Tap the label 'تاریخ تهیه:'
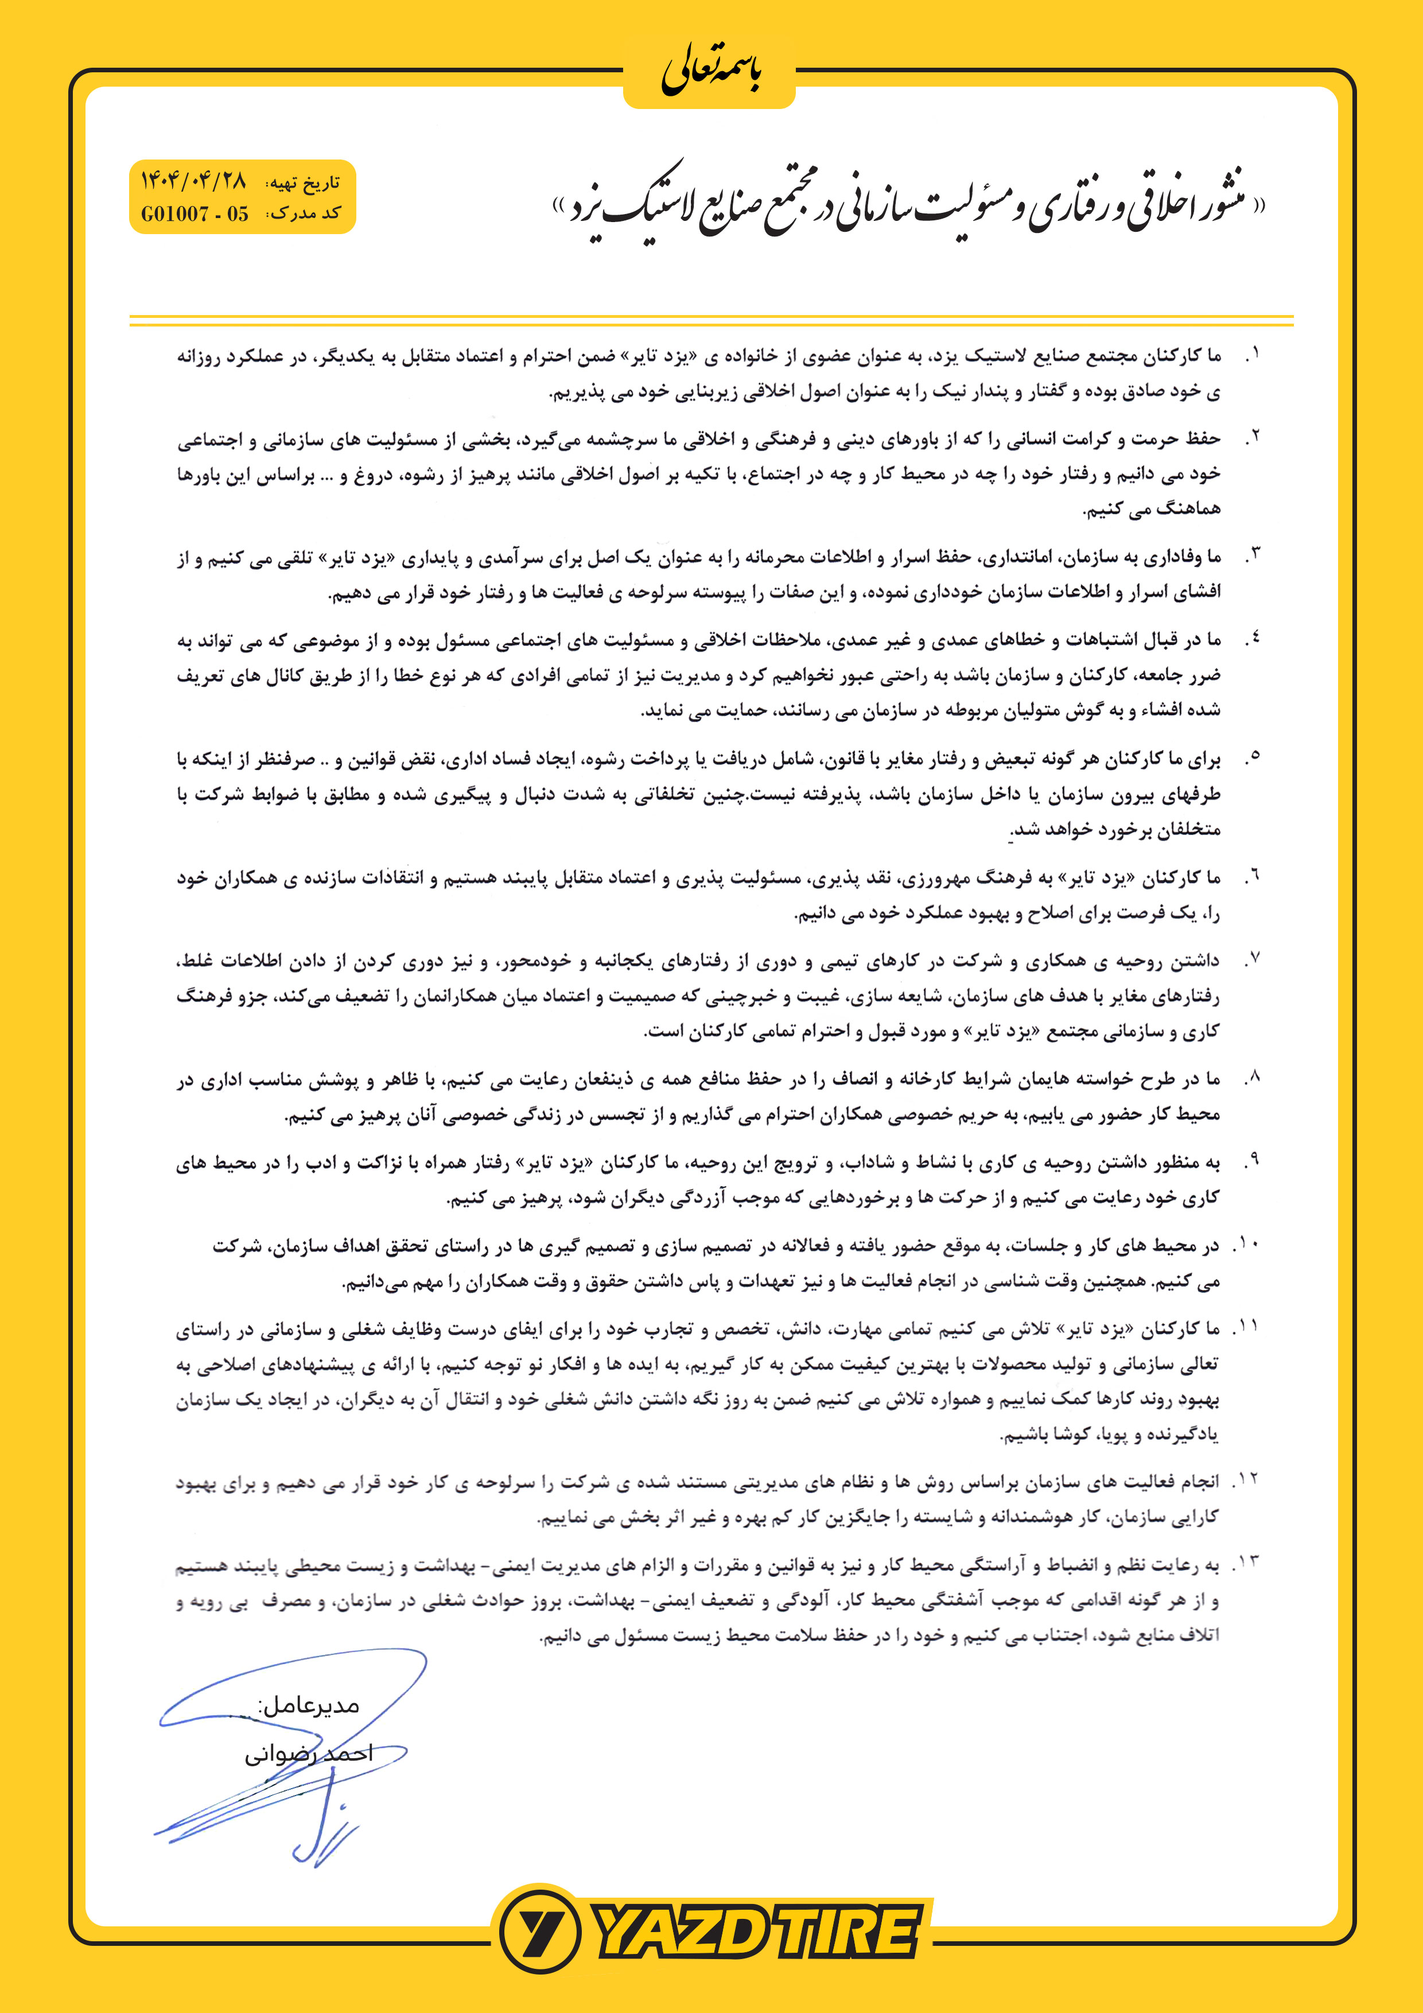pos(304,183)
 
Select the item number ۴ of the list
pos(1252,639)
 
